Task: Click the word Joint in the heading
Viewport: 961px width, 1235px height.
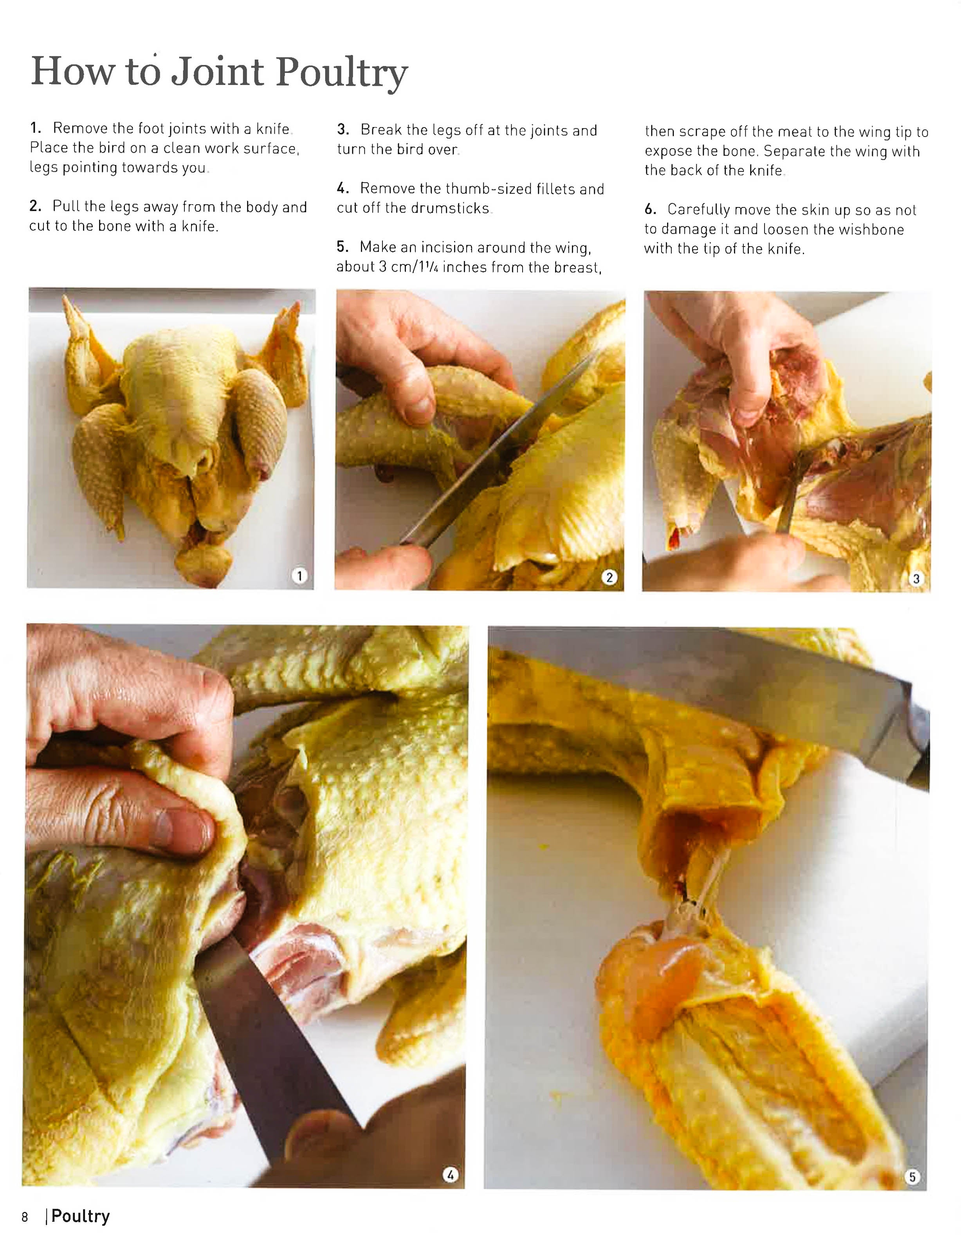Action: point(218,72)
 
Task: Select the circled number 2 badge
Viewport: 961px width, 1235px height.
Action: point(609,577)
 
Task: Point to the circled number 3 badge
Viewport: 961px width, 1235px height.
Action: point(916,578)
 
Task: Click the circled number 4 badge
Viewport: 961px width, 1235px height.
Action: point(450,1175)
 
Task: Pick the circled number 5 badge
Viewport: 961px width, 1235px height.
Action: point(912,1176)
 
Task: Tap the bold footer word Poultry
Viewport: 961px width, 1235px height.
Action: point(80,1216)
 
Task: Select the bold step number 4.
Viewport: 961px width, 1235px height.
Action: point(342,188)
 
